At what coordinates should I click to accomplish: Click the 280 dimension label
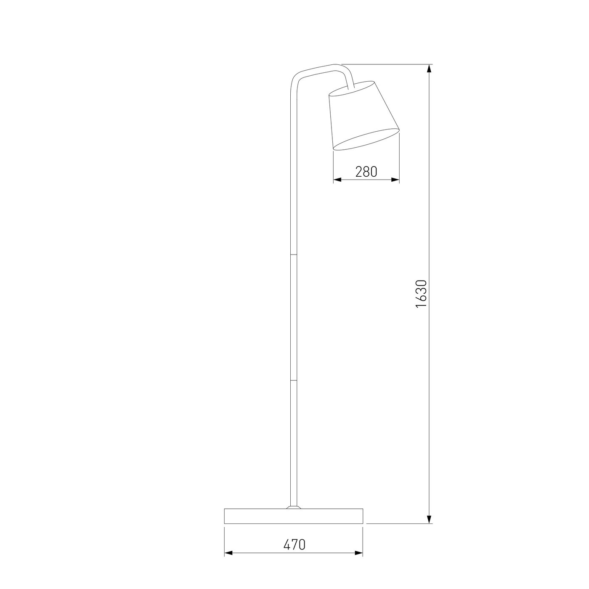click(x=366, y=172)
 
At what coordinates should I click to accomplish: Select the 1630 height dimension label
click(x=421, y=294)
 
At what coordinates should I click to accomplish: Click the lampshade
click(x=364, y=116)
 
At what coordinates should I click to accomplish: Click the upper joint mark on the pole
click(x=293, y=254)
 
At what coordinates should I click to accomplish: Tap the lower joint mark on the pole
click(x=293, y=381)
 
